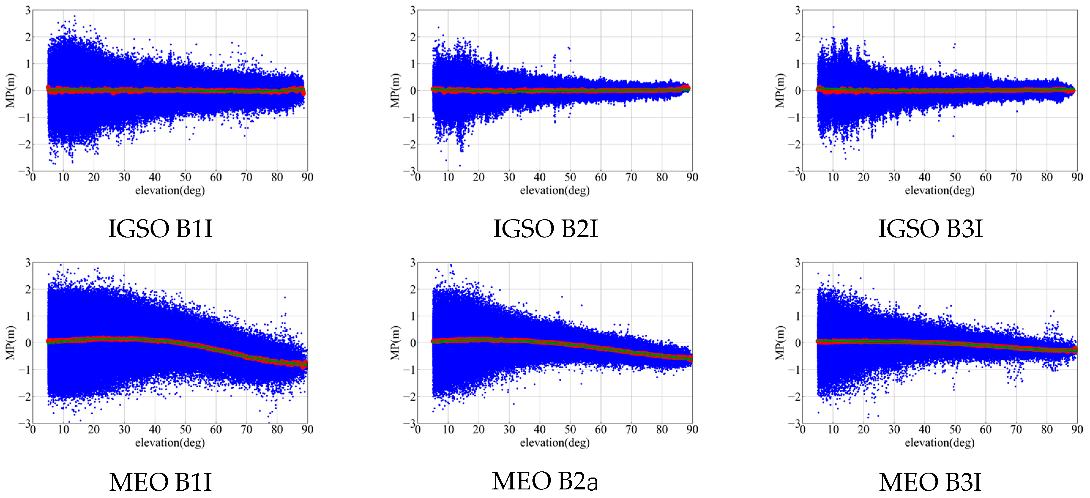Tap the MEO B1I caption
click(160, 482)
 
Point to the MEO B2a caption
click(545, 481)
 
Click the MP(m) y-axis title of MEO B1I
click(10, 343)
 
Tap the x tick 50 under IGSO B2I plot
click(570, 177)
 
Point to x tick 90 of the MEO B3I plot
click(1077, 430)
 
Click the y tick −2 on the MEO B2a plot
click(410, 397)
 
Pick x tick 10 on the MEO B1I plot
click(63, 430)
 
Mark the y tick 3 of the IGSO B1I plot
click(28, 10)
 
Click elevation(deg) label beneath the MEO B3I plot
click(939, 443)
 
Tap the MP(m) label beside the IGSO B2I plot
click(395, 90)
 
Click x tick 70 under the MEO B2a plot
click(631, 430)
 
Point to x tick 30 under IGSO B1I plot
click(124, 177)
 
